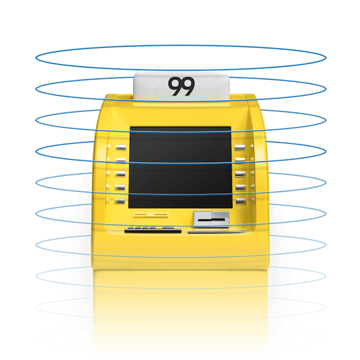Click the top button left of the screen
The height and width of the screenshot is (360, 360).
click(121, 147)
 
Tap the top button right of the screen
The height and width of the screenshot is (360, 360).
click(240, 147)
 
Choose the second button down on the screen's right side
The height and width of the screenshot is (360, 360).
click(240, 161)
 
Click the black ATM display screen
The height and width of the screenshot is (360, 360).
click(180, 167)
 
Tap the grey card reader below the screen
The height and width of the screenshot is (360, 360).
click(211, 218)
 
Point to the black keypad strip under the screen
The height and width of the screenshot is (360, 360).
click(150, 229)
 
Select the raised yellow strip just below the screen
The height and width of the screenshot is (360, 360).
click(151, 215)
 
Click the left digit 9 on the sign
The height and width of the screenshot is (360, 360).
click(175, 86)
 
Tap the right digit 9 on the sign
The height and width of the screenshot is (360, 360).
click(188, 86)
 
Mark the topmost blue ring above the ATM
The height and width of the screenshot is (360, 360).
click(180, 47)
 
